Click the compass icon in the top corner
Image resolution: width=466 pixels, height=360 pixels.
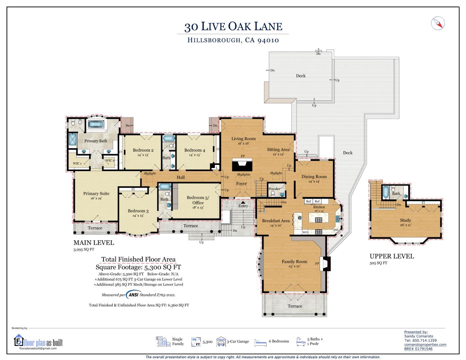click(438, 23)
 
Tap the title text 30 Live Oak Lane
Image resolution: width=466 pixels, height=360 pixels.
click(233, 26)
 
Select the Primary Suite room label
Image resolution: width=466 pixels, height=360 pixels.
click(96, 194)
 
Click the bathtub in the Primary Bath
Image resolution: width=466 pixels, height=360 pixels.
click(96, 125)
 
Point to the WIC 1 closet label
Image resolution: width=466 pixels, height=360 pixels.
click(77, 163)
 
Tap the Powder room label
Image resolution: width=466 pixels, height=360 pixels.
click(274, 189)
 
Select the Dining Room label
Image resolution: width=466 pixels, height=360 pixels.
click(314, 177)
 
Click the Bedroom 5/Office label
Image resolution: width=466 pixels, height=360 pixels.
click(198, 200)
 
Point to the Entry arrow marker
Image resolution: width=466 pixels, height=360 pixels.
click(243, 202)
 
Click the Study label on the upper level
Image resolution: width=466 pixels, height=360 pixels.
click(405, 220)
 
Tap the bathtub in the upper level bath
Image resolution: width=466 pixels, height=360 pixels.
click(385, 192)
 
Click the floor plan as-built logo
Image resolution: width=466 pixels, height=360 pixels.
click(38, 342)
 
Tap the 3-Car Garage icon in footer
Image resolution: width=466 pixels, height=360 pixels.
click(221, 341)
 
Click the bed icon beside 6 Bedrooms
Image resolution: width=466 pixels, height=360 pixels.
click(260, 342)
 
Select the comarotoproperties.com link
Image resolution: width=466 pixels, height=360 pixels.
click(425, 345)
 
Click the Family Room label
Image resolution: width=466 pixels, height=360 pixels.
click(294, 262)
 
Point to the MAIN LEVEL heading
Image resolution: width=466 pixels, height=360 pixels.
click(94, 243)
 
